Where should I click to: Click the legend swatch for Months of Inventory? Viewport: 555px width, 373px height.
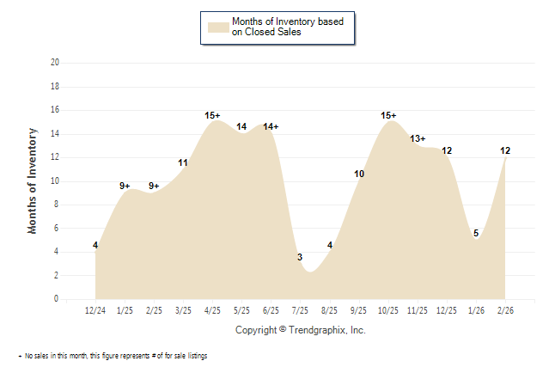pyautogui.click(x=218, y=27)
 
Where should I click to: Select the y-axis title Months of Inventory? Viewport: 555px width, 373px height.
pyautogui.click(x=33, y=180)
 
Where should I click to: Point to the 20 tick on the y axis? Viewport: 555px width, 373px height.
pyautogui.click(x=55, y=63)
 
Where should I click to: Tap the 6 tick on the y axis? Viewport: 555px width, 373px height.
pyautogui.click(x=57, y=229)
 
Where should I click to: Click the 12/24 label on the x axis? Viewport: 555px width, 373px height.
pyautogui.click(x=95, y=310)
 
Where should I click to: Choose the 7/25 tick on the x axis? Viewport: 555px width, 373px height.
pyautogui.click(x=300, y=310)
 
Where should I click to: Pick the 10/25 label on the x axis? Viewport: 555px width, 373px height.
pyautogui.click(x=387, y=310)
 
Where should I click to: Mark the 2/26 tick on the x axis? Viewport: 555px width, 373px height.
pyautogui.click(x=504, y=310)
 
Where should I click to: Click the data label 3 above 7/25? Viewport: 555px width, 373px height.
pyautogui.click(x=300, y=258)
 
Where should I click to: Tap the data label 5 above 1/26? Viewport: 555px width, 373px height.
pyautogui.click(x=475, y=233)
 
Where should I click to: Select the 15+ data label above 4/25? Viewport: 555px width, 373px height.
pyautogui.click(x=213, y=115)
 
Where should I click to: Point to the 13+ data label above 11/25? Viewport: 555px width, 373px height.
pyautogui.click(x=418, y=138)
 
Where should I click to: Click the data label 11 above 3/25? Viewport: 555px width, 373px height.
pyautogui.click(x=184, y=162)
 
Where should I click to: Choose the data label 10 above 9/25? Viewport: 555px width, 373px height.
pyautogui.click(x=359, y=174)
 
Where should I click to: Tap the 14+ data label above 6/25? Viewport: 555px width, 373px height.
pyautogui.click(x=271, y=127)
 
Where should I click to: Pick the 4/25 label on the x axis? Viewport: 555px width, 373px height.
pyautogui.click(x=212, y=310)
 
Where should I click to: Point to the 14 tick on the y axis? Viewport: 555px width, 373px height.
pyautogui.click(x=55, y=133)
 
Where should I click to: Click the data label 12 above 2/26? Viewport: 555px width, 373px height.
pyautogui.click(x=506, y=150)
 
